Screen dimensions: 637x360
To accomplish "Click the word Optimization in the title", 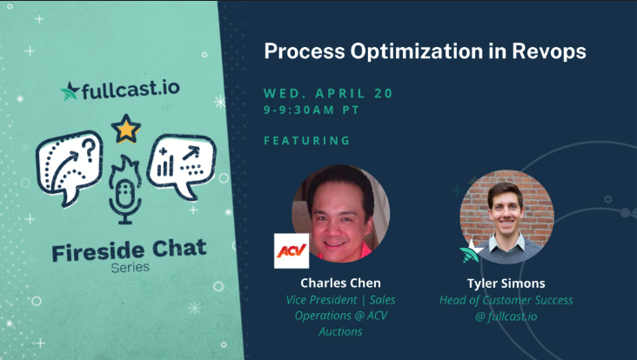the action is click(417, 51).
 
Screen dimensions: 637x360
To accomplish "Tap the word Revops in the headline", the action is click(549, 51).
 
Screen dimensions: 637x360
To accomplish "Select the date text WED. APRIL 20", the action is click(328, 93).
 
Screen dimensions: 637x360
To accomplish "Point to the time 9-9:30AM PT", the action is click(312, 110).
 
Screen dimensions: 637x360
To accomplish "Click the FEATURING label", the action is click(306, 140).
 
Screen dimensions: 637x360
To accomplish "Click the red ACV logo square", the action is click(292, 250).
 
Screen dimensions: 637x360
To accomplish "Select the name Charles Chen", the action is click(340, 283).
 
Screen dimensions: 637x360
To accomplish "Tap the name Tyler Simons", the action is click(506, 283).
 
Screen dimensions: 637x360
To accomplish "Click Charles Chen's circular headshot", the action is click(340, 213).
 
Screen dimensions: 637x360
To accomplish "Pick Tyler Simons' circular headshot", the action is click(506, 217).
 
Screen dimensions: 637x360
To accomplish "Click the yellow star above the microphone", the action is click(126, 129).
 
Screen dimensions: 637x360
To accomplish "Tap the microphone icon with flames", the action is click(125, 190).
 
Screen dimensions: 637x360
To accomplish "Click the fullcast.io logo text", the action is click(131, 90).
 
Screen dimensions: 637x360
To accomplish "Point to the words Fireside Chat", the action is click(129, 250).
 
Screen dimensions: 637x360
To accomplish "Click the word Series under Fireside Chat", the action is click(131, 268).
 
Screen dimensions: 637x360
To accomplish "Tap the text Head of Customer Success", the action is click(506, 300).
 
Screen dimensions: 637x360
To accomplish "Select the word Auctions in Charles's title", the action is click(340, 331).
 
